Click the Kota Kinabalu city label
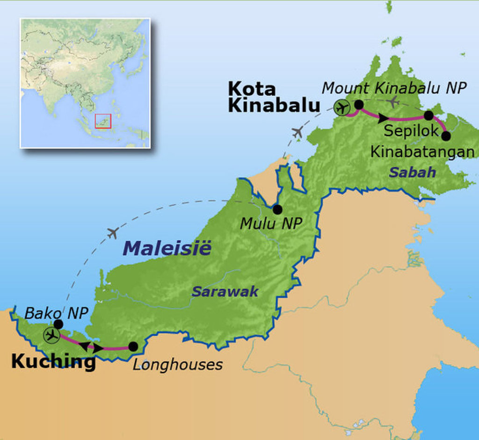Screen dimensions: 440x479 pos(274,97)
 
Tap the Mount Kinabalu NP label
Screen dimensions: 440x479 pos(394,87)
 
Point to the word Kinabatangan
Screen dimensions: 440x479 pos(422,151)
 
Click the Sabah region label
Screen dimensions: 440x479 pos(413,173)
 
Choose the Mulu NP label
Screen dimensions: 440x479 pos(271,224)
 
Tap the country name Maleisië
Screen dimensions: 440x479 pos(167,248)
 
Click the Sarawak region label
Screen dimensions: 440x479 pos(225,292)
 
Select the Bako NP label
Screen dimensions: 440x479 pos(56,313)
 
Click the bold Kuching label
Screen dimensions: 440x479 pos(53,361)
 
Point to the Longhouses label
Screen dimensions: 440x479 pos(177,364)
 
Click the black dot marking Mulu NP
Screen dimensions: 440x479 pos(277,209)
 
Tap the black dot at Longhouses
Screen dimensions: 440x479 pos(133,346)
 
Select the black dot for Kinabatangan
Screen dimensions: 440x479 pos(446,136)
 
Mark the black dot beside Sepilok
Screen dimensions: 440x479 pos(428,115)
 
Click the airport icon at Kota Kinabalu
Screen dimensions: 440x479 pos(342,108)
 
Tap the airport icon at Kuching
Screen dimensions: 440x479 pos(51,335)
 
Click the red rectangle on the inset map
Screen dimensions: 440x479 pos(103,121)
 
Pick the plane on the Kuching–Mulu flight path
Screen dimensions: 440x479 pos(112,233)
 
